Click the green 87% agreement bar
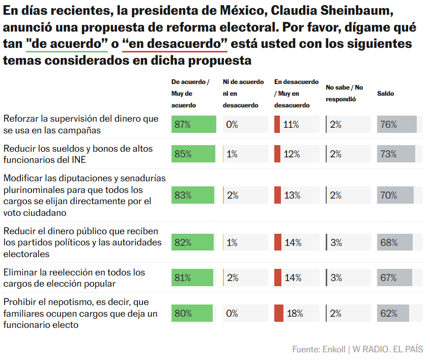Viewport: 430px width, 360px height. [x=193, y=124]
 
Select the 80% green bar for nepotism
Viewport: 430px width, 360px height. [x=192, y=313]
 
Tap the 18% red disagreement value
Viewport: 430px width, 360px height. [x=295, y=313]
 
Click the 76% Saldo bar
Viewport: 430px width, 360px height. [x=397, y=124]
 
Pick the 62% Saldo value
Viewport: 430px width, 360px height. [x=388, y=313]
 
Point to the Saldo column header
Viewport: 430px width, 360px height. [x=385, y=93]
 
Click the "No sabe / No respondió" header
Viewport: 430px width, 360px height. [x=345, y=93]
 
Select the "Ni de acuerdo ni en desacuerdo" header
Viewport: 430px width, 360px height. [x=243, y=93]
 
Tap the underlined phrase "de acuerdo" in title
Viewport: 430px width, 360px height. [x=67, y=44]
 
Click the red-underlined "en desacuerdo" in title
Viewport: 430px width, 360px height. [x=175, y=44]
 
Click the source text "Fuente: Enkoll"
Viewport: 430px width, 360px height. [x=318, y=349]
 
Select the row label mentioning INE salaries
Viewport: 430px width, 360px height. [x=78, y=154]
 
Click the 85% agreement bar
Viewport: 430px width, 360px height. [x=193, y=154]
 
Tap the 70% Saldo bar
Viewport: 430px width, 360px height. [x=395, y=195]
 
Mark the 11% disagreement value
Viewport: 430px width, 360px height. [x=291, y=124]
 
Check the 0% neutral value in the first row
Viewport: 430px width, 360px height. [x=232, y=124]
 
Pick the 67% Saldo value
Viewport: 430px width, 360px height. [x=388, y=278]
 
